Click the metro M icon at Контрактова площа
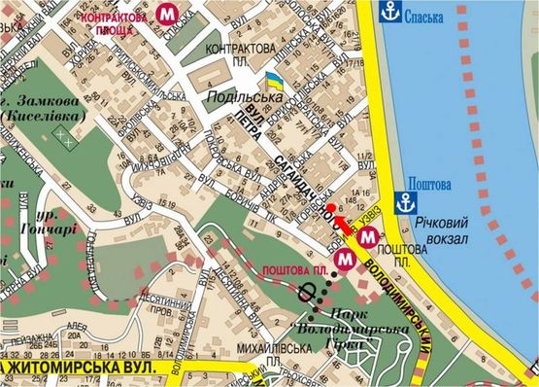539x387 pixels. [x=171, y=14]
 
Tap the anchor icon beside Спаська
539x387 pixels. [x=389, y=13]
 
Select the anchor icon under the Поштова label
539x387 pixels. [x=412, y=204]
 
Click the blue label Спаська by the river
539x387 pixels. [x=430, y=17]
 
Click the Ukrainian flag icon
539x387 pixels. [x=273, y=79]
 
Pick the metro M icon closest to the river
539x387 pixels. [x=366, y=231]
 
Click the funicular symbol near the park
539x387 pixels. [x=311, y=292]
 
